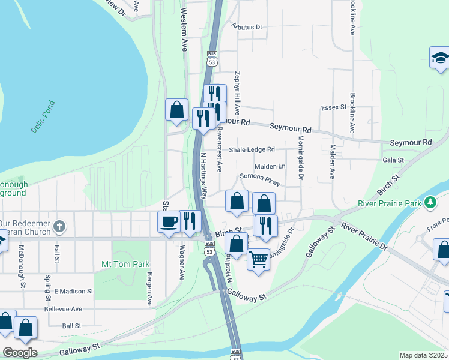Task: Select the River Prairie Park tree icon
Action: [x=430, y=203]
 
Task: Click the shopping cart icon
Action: [x=258, y=259]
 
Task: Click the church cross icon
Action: [x=59, y=226]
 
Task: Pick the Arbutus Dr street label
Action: [x=247, y=27]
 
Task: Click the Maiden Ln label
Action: [x=270, y=166]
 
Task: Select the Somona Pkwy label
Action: [x=260, y=176]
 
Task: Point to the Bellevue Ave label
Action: [x=63, y=308]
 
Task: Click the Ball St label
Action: [x=71, y=326]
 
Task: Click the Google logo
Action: [x=19, y=353]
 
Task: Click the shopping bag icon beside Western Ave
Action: [x=176, y=110]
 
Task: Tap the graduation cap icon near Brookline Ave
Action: [x=440, y=58]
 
